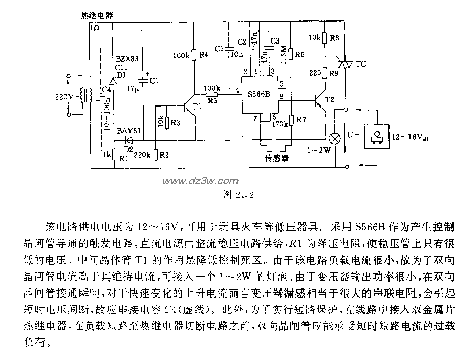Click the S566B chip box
260,96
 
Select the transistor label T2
331,100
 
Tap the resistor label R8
334,38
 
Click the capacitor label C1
153,80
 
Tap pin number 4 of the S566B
237,91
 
